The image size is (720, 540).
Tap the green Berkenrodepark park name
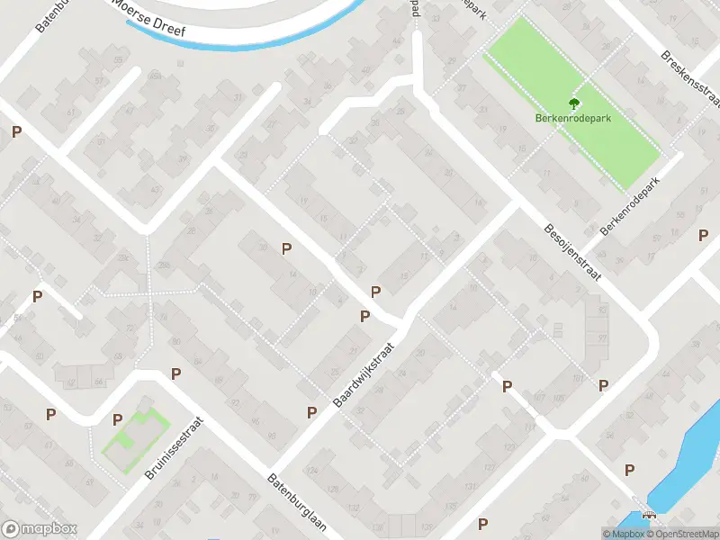coord(574,118)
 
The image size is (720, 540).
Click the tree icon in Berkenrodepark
coord(574,103)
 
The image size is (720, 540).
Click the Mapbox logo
coord(40,529)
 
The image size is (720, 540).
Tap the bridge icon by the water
coord(648,516)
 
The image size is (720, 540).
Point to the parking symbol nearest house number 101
coord(603,385)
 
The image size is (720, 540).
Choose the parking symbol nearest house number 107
coord(508,386)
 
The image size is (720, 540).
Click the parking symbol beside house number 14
coord(287,249)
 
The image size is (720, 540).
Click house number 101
coord(579,379)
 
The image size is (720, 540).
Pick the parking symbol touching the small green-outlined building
coord(117,418)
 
